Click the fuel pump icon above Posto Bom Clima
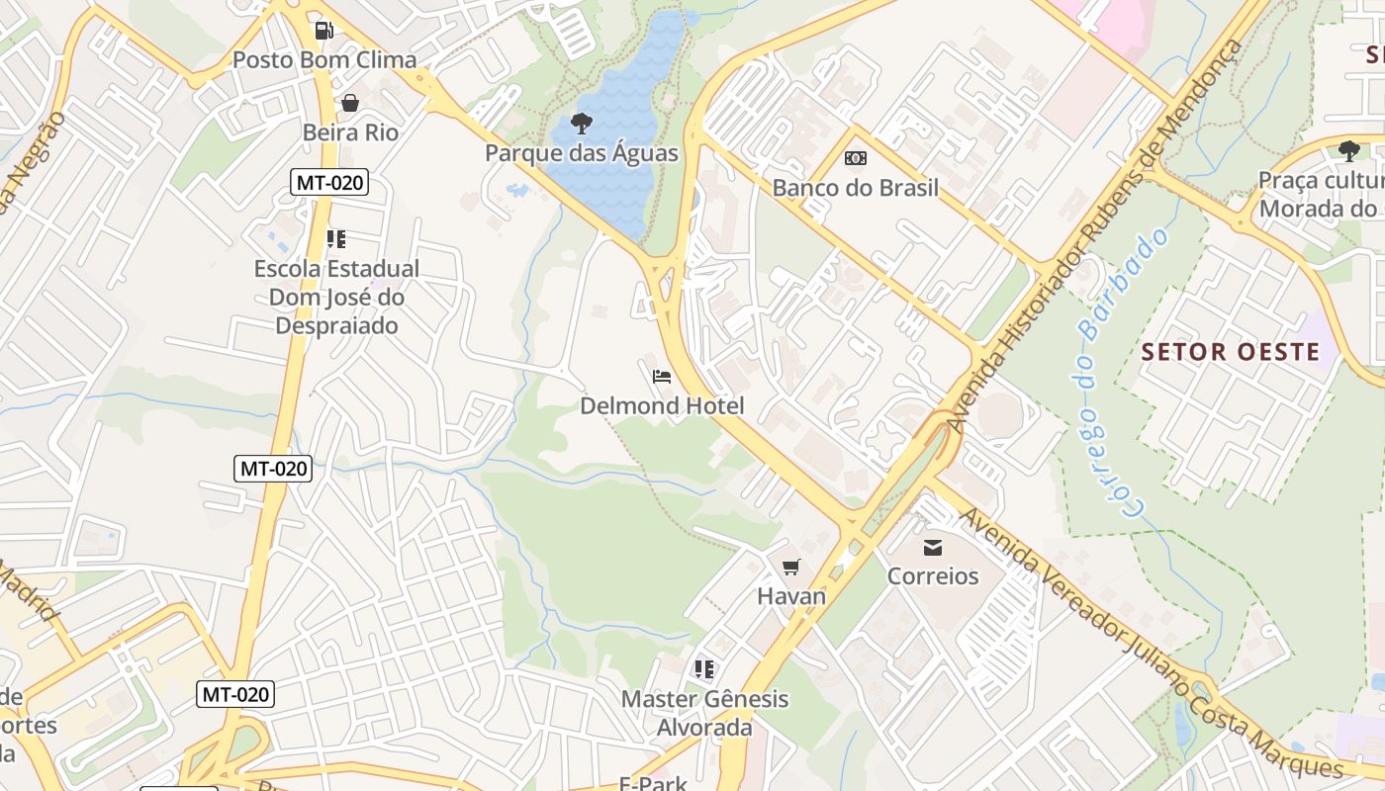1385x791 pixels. pos(323,31)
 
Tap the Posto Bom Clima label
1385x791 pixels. pos(324,60)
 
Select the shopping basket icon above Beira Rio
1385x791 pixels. pos(349,103)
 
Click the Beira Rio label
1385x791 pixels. pos(350,132)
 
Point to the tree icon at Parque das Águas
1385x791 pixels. pos(582,124)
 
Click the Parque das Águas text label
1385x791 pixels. pos(582,153)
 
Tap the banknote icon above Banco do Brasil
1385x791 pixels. pos(855,158)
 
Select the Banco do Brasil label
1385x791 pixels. pos(855,188)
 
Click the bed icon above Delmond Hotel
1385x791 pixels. pos(662,377)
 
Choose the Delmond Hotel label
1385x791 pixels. pos(662,406)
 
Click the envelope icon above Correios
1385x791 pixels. pos(932,547)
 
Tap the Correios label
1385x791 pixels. pos(932,576)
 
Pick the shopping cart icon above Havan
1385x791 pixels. pos(790,567)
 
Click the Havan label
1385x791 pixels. pos(790,596)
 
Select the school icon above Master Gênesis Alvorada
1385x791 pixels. pos(704,669)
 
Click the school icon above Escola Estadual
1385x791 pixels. pos(336,239)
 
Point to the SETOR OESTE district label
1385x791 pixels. pos(1231,352)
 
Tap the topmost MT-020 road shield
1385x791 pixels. pos(329,182)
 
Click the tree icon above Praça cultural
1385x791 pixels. pos(1348,151)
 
